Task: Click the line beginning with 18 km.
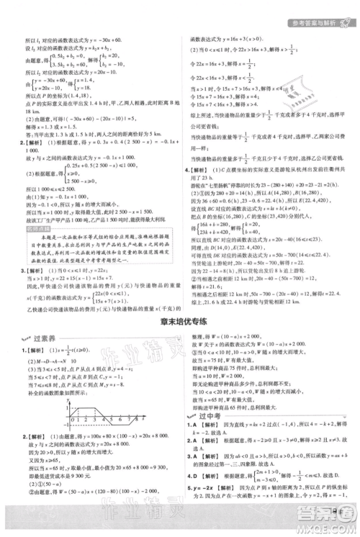30,114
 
